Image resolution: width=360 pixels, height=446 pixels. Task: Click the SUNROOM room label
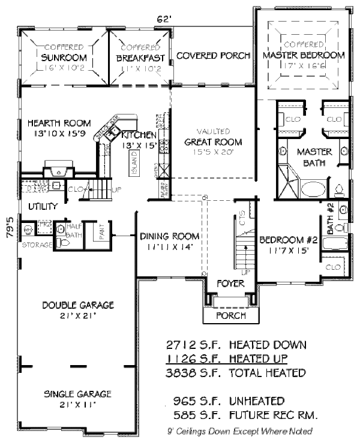pyautogui.click(x=64, y=58)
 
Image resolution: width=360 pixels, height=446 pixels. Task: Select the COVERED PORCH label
pyautogui.click(x=213, y=56)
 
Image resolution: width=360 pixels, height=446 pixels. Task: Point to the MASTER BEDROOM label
pyautogui.click(x=304, y=55)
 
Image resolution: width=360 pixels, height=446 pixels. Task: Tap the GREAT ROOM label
pyautogui.click(x=214, y=142)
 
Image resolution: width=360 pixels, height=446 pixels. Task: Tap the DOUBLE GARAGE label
pyautogui.click(x=79, y=305)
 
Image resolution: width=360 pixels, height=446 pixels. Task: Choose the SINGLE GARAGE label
pyautogui.click(x=79, y=394)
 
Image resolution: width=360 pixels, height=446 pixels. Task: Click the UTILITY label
pyautogui.click(x=42, y=207)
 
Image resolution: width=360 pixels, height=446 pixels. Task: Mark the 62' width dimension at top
pyautogui.click(x=164, y=19)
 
